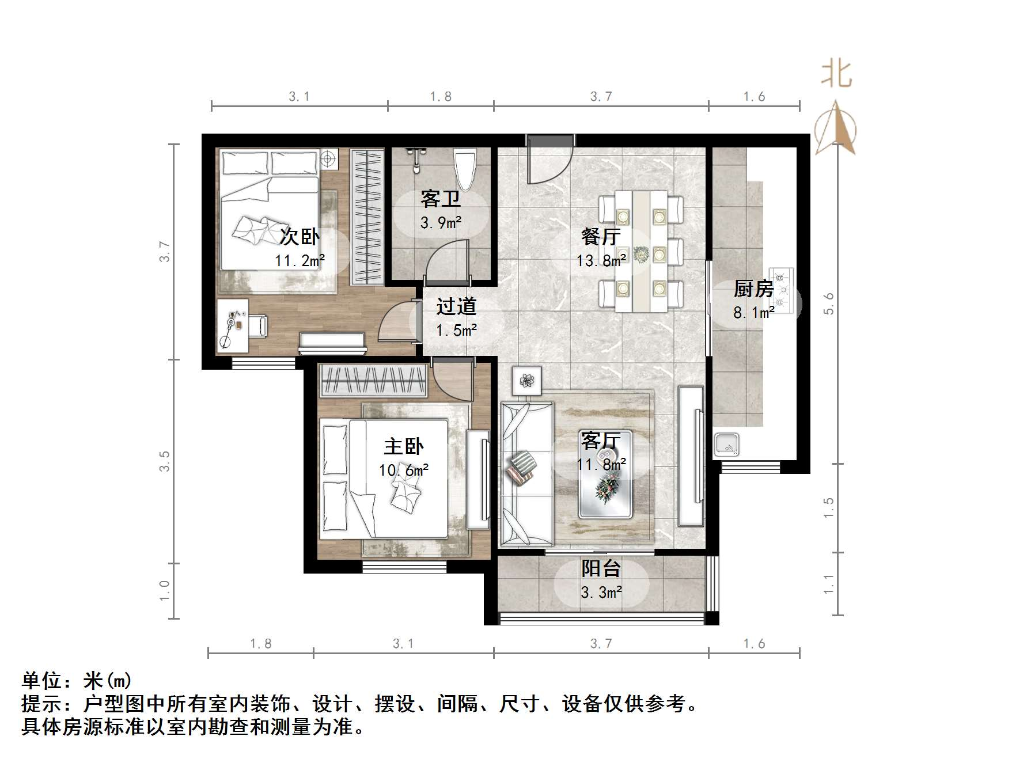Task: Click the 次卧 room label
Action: coord(299,237)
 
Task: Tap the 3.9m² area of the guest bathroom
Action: coord(441,223)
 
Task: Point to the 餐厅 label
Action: coord(600,236)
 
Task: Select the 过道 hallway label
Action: coord(456,306)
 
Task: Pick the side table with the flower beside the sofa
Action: coord(526,381)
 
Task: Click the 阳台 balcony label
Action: coord(601,568)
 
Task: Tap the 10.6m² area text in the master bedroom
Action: coord(403,470)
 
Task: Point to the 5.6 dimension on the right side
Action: coord(828,303)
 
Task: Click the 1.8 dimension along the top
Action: coord(441,97)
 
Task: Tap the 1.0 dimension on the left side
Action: coord(165,591)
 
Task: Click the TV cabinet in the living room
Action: coord(691,456)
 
